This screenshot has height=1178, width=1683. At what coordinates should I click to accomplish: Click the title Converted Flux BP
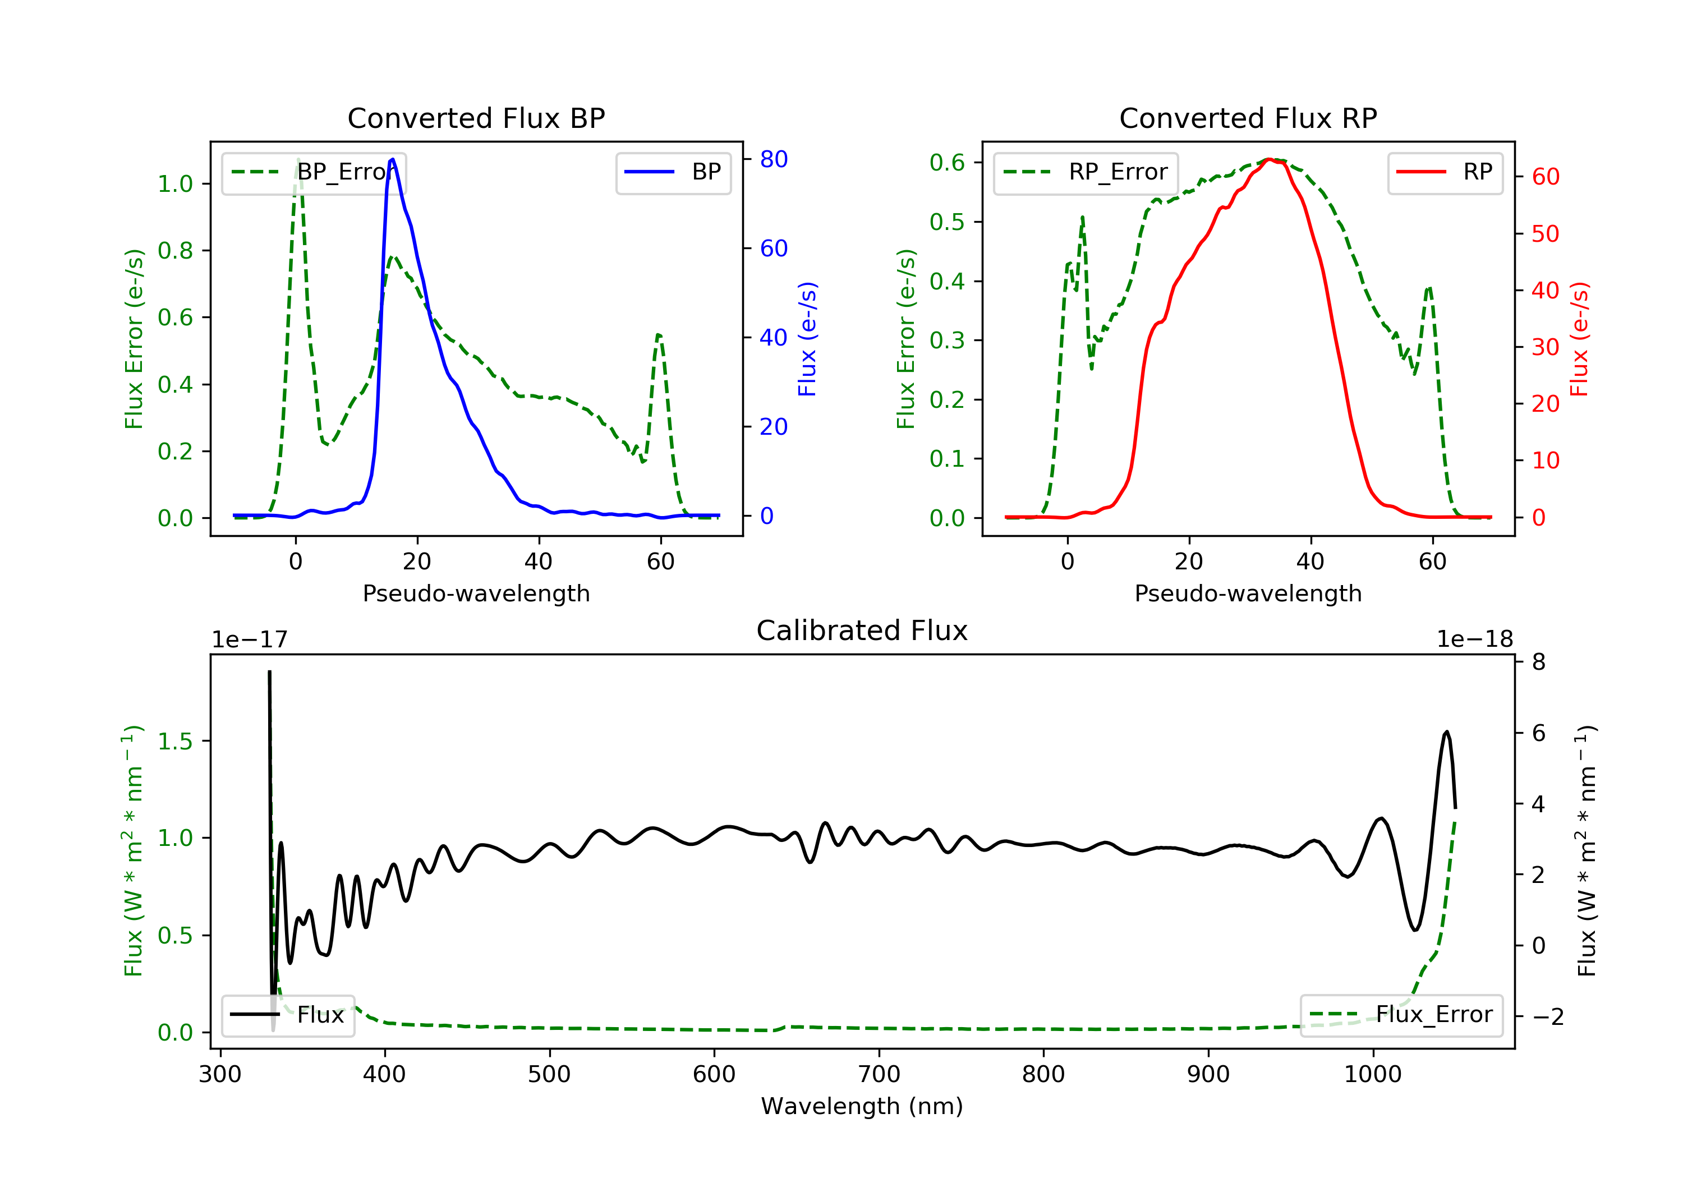pos(476,118)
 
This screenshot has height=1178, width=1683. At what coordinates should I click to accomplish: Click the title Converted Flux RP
pos(1248,118)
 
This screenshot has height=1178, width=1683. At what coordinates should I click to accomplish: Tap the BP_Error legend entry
pos(314,172)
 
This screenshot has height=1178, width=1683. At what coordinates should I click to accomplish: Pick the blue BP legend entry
pos(673,172)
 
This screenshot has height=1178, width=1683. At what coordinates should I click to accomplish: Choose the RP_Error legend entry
pos(1086,172)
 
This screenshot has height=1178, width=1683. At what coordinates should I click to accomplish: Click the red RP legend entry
pos(1445,172)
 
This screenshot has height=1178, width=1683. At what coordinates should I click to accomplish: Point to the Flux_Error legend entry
pos(1401,1015)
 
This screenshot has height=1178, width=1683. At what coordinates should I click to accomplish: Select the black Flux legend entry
pos(288,1015)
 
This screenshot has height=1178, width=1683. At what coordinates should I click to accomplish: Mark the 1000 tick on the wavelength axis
pos(1372,1075)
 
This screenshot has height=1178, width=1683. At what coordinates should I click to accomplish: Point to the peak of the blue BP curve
pos(393,159)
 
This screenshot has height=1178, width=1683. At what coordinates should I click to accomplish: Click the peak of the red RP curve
pos(1270,160)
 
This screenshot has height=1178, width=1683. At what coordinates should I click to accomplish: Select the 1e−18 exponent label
pos(1474,639)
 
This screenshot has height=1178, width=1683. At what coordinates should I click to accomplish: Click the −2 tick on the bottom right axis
pos(1547,1017)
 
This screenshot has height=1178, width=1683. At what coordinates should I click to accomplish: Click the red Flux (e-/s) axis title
pos(1579,339)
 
